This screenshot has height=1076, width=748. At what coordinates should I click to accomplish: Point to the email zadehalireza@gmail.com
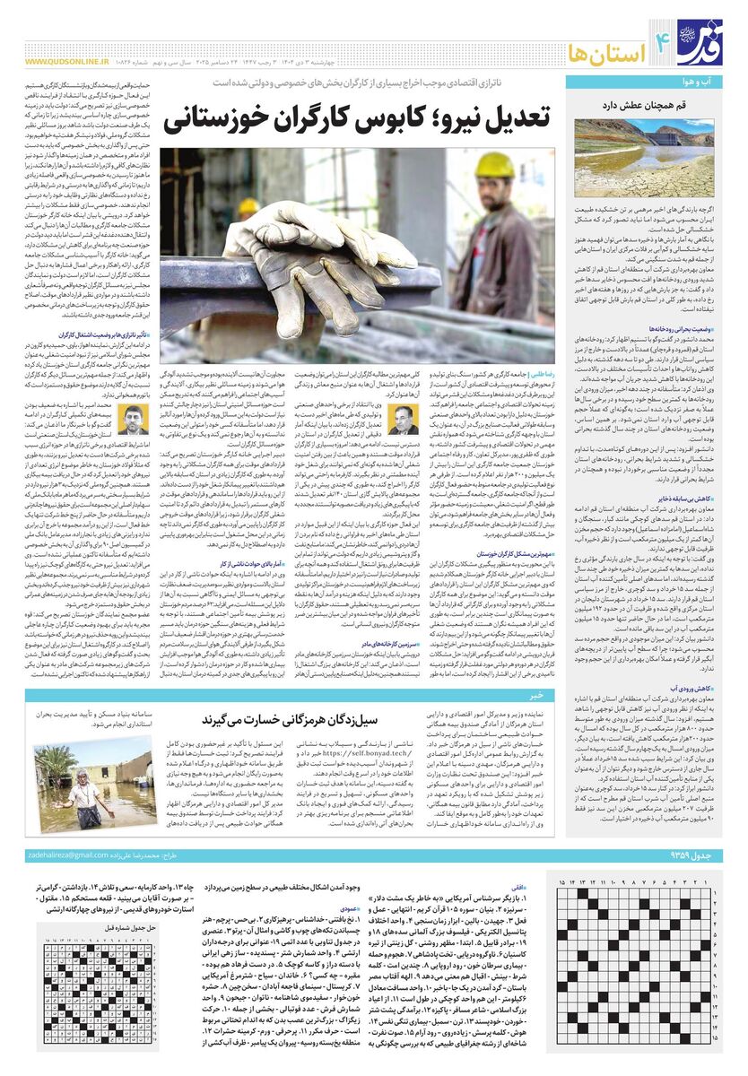68,856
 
